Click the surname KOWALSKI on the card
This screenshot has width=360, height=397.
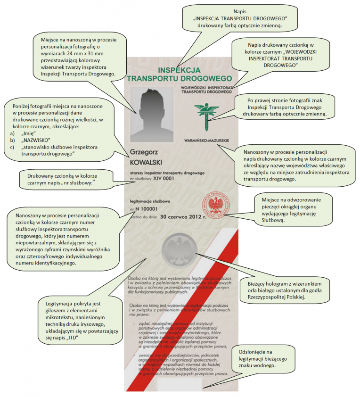148,162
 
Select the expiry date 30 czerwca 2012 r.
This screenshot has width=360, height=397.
183,217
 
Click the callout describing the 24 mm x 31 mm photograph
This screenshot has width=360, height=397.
75,57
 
